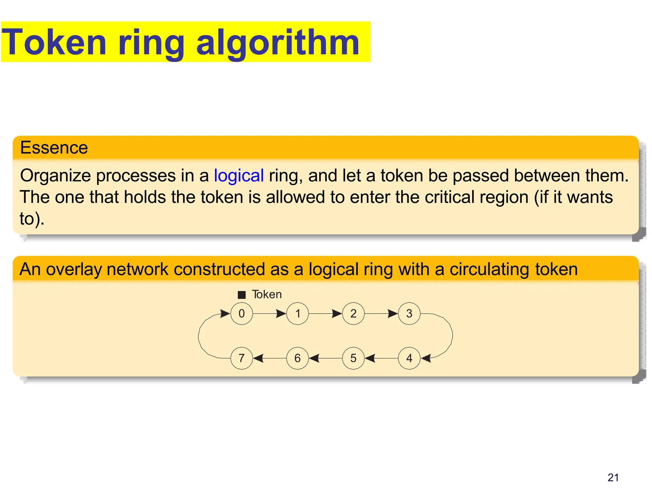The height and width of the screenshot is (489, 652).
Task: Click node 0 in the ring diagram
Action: (x=242, y=314)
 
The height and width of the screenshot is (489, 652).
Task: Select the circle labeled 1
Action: (x=298, y=314)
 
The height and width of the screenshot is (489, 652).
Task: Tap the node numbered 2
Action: (x=353, y=314)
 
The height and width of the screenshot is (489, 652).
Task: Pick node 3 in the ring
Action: (x=409, y=314)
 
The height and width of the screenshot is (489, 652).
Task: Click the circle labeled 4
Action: (x=409, y=358)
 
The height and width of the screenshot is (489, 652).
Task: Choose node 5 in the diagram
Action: (x=353, y=358)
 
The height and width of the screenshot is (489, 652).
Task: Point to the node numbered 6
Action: (x=298, y=358)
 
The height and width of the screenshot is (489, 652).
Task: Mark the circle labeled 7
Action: (x=242, y=358)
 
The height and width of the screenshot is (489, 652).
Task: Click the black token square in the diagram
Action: (x=242, y=295)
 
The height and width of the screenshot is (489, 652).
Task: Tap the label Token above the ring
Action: (x=267, y=294)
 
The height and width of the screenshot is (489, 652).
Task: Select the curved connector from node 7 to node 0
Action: (x=199, y=336)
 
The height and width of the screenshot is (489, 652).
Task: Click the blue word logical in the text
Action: (x=239, y=175)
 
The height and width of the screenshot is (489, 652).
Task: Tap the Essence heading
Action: (x=54, y=148)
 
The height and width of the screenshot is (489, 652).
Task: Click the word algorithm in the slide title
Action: (x=278, y=43)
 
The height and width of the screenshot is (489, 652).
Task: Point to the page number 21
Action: (x=613, y=478)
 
